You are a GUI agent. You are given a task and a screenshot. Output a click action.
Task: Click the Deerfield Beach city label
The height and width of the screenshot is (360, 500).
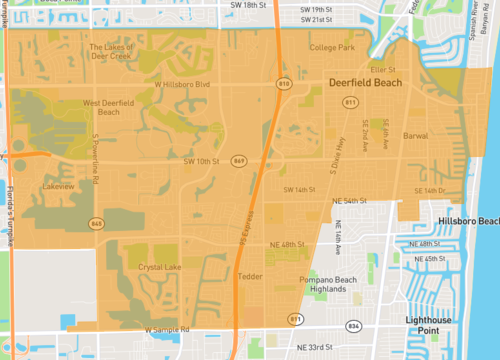(x=366, y=84)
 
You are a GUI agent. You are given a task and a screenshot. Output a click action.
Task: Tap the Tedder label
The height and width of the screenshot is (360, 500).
(x=251, y=275)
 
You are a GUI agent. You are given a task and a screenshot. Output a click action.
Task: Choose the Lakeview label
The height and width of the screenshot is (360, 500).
(x=59, y=186)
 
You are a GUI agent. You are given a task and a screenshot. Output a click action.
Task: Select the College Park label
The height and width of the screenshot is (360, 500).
(x=332, y=47)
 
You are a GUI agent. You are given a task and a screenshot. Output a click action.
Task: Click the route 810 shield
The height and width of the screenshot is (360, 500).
(x=284, y=84)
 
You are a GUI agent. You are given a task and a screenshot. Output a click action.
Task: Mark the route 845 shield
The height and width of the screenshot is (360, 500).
(x=96, y=222)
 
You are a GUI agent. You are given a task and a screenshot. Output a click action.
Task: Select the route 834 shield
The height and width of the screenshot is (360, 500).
(x=352, y=325)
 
